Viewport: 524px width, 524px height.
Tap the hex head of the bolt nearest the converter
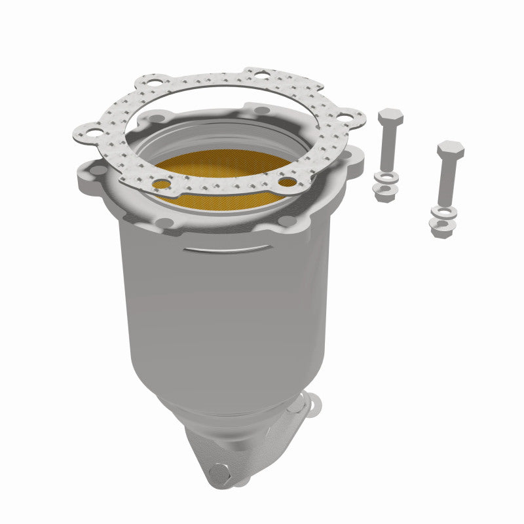coord(390,119)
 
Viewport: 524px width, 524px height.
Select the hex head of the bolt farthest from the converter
coord(451,151)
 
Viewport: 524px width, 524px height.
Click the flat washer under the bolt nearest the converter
coord(386,177)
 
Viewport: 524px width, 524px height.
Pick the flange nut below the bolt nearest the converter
coord(385,191)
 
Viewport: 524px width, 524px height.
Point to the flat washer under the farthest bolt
coord(443,212)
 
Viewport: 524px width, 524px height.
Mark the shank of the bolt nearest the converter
coord(388,147)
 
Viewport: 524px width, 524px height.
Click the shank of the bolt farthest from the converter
coord(447,180)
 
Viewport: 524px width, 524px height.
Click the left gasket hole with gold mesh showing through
coord(161,184)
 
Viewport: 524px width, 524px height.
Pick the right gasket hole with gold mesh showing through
coord(286,181)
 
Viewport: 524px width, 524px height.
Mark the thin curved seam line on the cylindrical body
coord(226,249)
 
